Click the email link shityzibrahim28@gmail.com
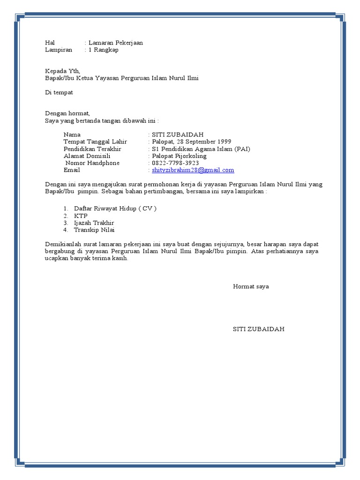[193, 170]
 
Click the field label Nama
[72, 135]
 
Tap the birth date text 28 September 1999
[204, 142]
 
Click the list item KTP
[81, 216]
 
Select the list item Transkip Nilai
[94, 230]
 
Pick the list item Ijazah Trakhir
[94, 223]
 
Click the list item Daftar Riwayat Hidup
[115, 208]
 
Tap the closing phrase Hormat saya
[251, 286]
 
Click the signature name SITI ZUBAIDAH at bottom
[259, 329]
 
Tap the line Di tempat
[59, 92]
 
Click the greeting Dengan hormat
[67, 113]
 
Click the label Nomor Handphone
[92, 163]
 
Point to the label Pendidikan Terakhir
[92, 149]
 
